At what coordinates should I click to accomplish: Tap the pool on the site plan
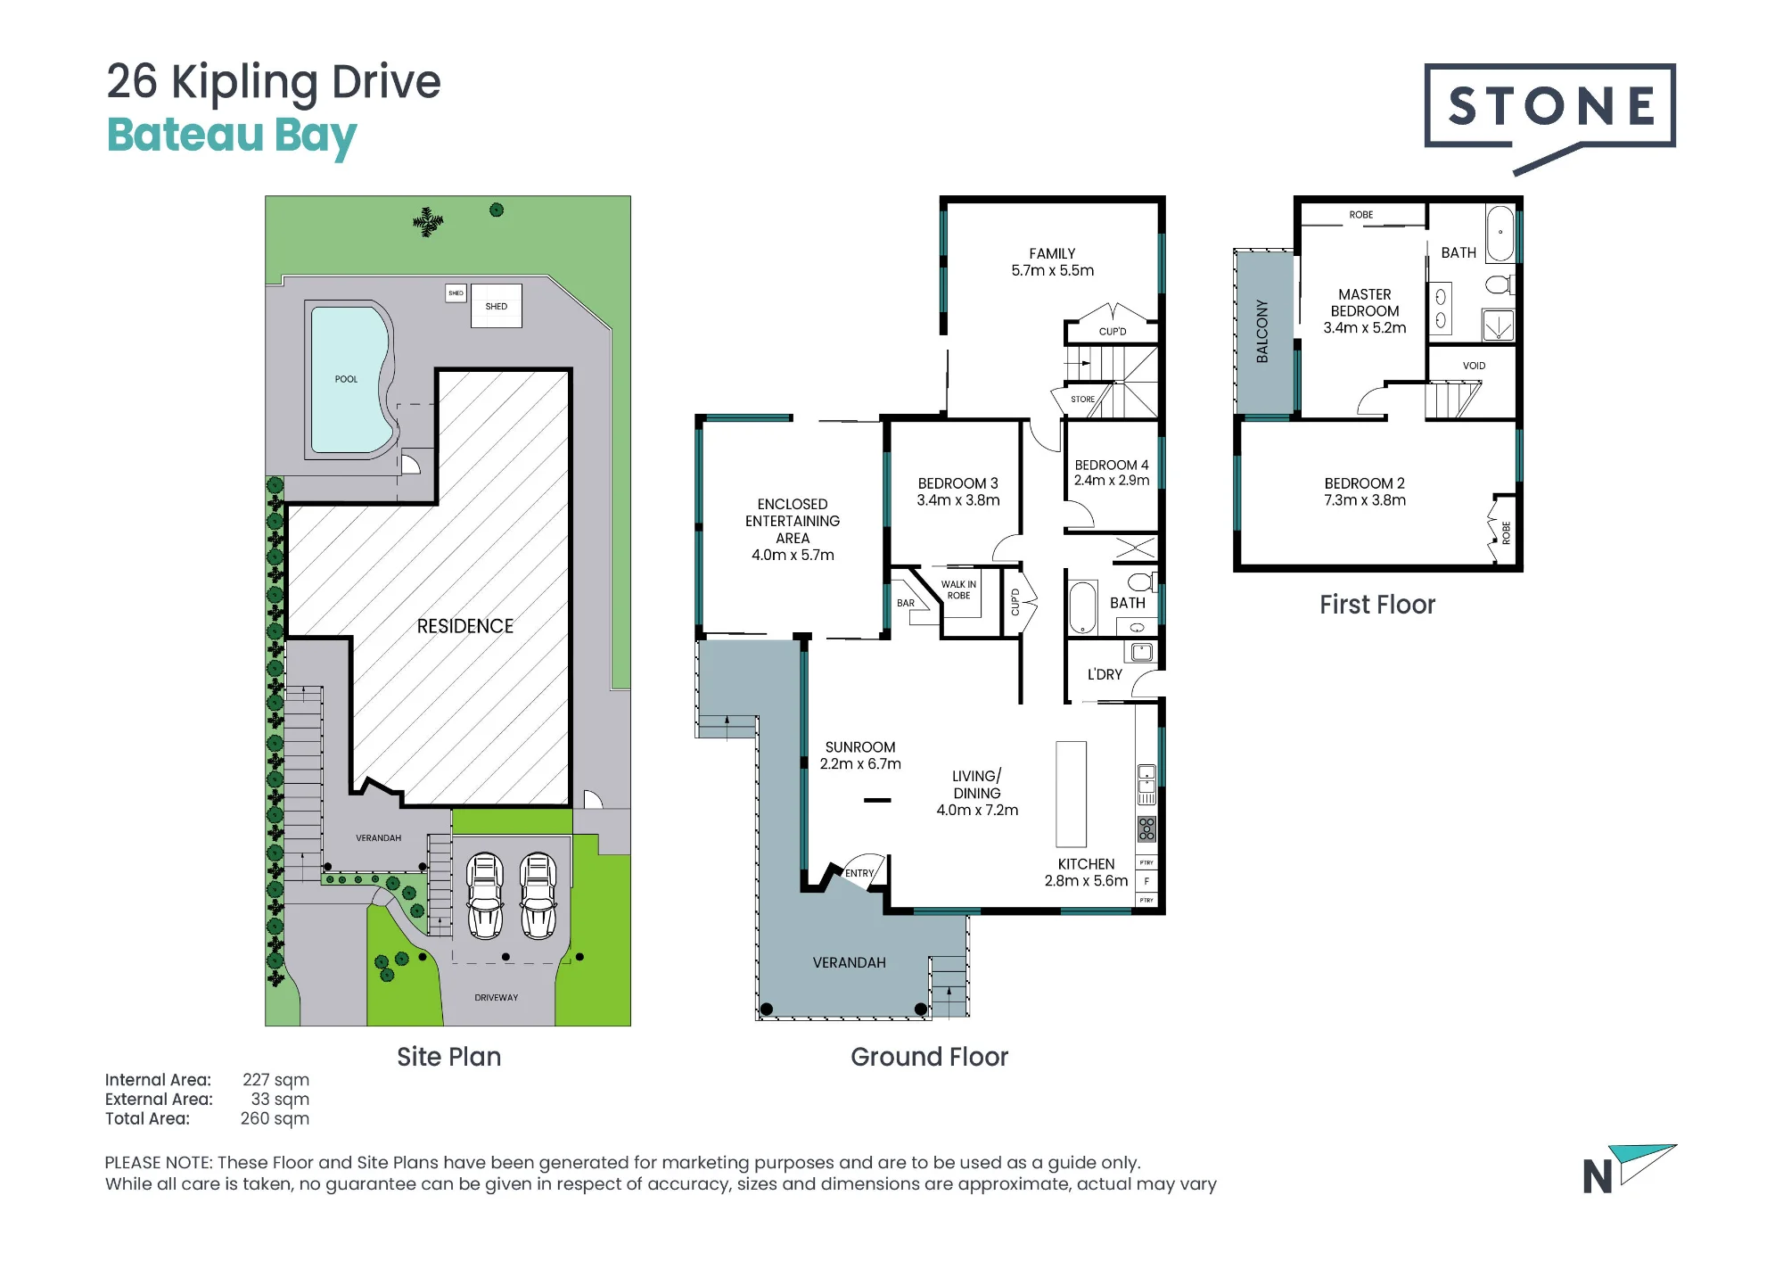(349, 379)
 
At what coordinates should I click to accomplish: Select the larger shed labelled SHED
(496, 306)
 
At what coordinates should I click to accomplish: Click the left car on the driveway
(485, 895)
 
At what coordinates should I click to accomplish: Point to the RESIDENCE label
(465, 626)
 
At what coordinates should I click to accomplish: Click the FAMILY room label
(1052, 254)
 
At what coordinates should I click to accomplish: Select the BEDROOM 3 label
(958, 483)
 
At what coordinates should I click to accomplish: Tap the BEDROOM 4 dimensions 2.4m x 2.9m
(1112, 481)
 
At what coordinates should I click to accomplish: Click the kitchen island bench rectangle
(1072, 794)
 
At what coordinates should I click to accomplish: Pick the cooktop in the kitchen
(1146, 829)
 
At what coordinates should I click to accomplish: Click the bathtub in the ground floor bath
(1082, 606)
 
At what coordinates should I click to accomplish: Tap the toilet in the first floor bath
(1500, 284)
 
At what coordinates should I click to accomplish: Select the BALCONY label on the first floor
(1261, 331)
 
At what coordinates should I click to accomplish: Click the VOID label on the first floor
(1474, 366)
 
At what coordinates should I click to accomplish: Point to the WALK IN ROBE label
(958, 590)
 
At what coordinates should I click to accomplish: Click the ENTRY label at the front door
(859, 873)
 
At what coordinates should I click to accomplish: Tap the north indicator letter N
(1598, 1177)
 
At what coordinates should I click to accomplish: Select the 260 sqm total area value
(275, 1118)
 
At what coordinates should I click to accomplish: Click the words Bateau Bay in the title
(232, 136)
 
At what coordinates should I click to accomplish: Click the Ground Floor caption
(929, 1057)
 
